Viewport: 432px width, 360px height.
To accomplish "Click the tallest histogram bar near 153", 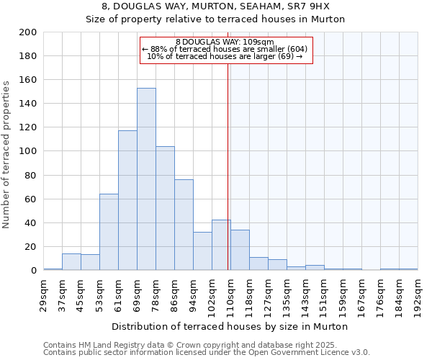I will tap(146, 179).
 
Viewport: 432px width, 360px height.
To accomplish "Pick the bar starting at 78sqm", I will tap(165, 208).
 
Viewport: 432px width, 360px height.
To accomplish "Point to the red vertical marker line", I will tap(228, 166).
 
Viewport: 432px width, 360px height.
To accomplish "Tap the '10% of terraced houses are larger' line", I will tap(225, 56).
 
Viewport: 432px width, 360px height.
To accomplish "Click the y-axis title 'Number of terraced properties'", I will tap(6, 154).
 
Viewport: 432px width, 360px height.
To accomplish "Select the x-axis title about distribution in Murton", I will tap(230, 326).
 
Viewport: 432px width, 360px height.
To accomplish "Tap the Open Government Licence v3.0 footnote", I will tap(207, 353).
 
